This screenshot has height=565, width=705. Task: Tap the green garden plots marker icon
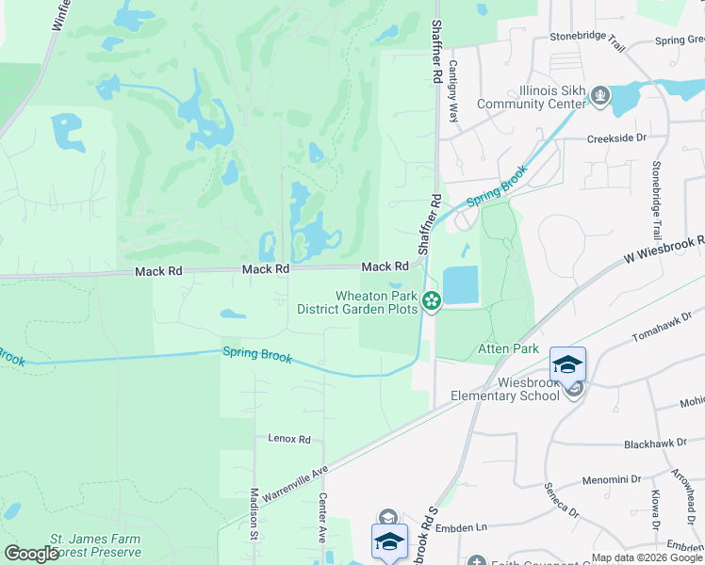(432, 301)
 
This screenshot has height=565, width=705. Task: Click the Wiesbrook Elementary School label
(502, 389)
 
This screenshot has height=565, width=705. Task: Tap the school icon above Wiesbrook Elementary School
(568, 364)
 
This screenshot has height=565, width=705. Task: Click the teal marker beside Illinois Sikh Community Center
(599, 96)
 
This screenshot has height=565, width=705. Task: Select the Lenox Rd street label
(288, 439)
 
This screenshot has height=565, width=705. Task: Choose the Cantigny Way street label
(453, 92)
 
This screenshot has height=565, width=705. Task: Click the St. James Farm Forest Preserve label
(95, 546)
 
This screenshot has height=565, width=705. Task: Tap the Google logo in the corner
(32, 554)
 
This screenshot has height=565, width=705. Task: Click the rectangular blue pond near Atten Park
(460, 285)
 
